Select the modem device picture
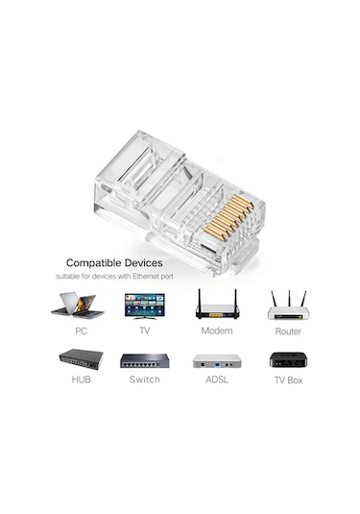(216, 305)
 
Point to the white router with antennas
(287, 306)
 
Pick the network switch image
(144, 362)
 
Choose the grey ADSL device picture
(216, 362)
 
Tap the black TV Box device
(288, 361)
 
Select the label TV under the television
(145, 331)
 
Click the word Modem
(216, 331)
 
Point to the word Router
(288, 331)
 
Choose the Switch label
(145, 380)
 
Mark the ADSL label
(216, 380)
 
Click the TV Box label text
(288, 380)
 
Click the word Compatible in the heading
(99, 262)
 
